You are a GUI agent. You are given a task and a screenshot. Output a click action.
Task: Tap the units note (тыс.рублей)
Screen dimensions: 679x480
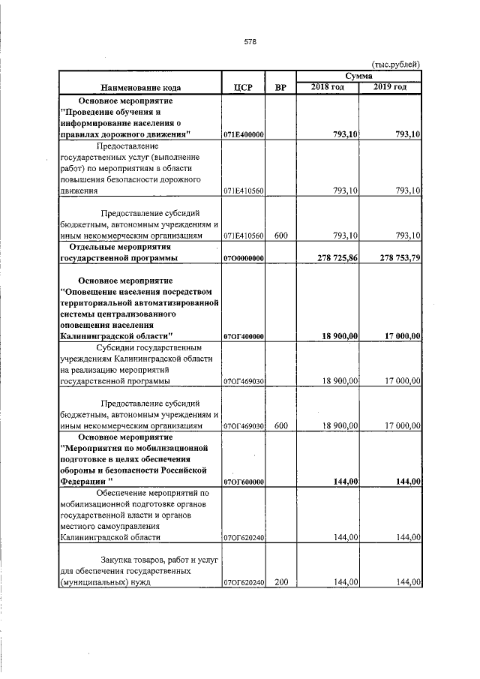[x=396, y=65]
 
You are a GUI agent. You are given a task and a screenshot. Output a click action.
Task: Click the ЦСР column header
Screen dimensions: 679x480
[x=244, y=88]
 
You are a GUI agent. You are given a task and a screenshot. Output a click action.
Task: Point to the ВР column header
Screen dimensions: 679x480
[x=281, y=88]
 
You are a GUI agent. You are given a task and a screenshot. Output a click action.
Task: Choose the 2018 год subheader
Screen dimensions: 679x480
[x=328, y=88]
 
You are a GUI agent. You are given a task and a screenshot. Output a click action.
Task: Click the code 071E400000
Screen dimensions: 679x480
[x=244, y=134]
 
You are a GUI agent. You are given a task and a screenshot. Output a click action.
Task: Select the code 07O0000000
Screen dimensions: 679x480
[x=244, y=258]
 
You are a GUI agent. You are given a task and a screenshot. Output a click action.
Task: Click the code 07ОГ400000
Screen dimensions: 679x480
[x=244, y=336]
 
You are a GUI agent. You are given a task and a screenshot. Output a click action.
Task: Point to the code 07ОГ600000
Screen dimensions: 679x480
[x=244, y=482]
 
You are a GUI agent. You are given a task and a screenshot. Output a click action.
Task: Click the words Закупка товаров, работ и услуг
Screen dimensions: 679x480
[x=150, y=560]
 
